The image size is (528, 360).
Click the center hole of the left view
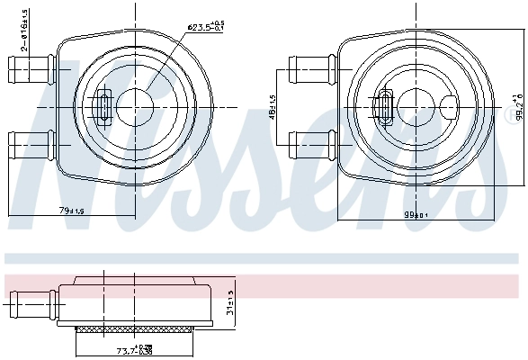137,104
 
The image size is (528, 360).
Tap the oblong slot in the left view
102,105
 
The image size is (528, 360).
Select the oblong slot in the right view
387,105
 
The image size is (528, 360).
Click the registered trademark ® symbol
515,112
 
